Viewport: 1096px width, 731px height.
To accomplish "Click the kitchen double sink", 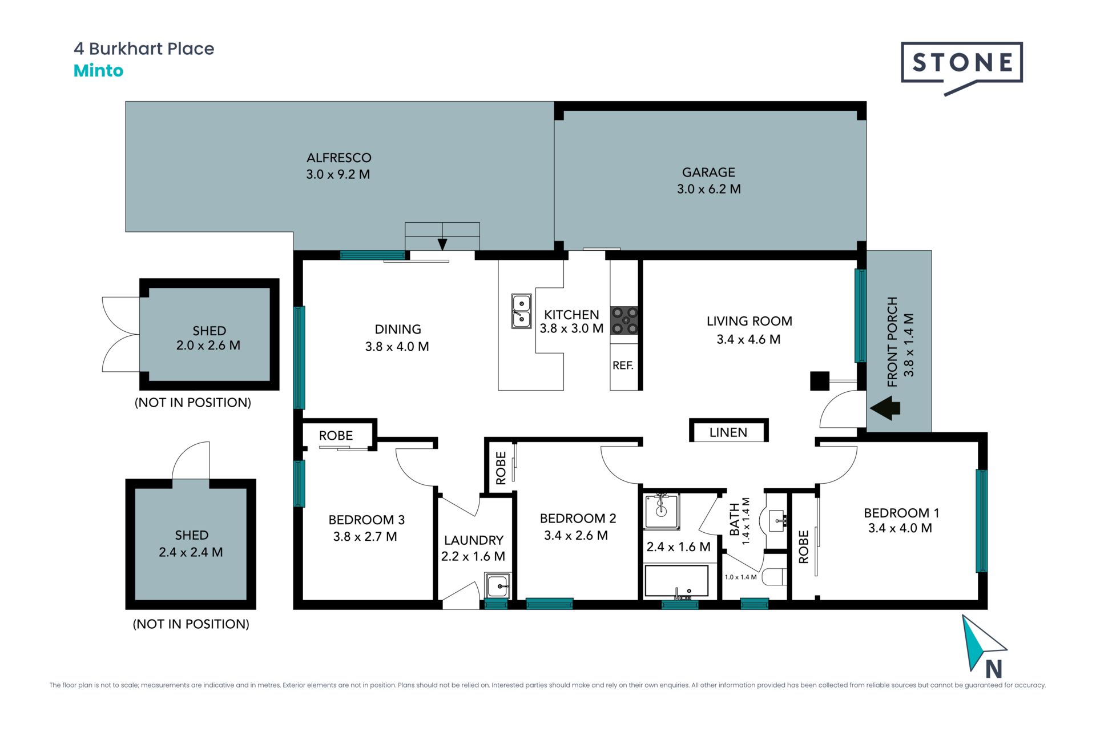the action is pos(521,311).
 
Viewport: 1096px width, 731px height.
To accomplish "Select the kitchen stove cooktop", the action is pos(624,320).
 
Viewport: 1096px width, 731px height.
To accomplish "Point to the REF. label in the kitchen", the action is pos(623,365).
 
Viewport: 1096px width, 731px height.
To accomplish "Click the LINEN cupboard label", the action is pos(728,432).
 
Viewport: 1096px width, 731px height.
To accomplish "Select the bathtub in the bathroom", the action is pos(676,581).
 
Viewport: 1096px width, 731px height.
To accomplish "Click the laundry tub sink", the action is pos(497,586).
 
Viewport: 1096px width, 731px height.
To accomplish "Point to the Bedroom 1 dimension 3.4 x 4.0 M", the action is pos(900,528).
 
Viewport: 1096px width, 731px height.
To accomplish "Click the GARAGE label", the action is pos(708,172).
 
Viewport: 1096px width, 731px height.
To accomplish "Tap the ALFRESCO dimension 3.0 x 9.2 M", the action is pos(338,175).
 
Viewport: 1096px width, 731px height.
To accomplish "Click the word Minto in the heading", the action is pos(98,71).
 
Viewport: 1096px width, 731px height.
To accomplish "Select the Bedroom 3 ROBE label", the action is pos(336,436).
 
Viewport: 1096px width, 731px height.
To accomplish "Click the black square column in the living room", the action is pos(820,381).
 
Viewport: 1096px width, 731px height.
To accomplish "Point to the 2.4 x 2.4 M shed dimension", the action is pos(191,552).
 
